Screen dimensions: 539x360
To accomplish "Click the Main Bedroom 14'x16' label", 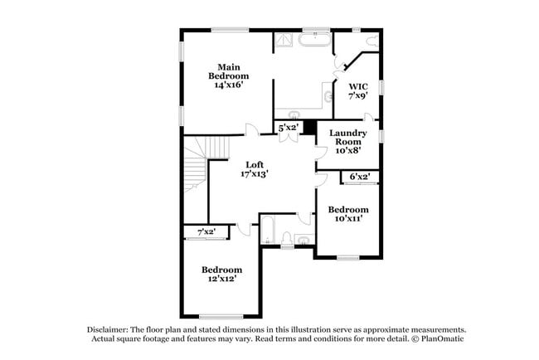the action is pos(229,76).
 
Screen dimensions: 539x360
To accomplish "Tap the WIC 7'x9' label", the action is pos(358,91).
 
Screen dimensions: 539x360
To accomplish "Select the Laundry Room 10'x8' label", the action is pos(348,142).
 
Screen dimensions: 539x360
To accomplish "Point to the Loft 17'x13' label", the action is pos(255,169).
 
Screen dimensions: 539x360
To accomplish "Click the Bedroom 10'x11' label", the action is pos(348,214).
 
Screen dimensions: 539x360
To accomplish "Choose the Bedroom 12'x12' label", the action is pos(221,274).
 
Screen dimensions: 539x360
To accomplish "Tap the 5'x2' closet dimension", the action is pos(288,128).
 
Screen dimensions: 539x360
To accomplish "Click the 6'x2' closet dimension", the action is pos(360,177).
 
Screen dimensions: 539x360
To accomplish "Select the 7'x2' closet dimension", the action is pos(206,231).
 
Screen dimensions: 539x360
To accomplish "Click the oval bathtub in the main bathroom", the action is pos(314,40).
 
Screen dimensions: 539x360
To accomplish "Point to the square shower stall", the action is pos(284,40).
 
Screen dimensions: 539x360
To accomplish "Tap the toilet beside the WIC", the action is pos(372,41).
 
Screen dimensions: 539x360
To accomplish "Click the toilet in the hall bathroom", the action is pos(287,239).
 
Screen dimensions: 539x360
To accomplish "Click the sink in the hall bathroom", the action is pos(304,240).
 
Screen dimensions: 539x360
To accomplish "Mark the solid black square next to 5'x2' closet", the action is pos(310,127).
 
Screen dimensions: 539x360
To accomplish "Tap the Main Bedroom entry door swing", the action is pos(252,130).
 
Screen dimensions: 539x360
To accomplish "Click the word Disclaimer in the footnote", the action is pos(108,330).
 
